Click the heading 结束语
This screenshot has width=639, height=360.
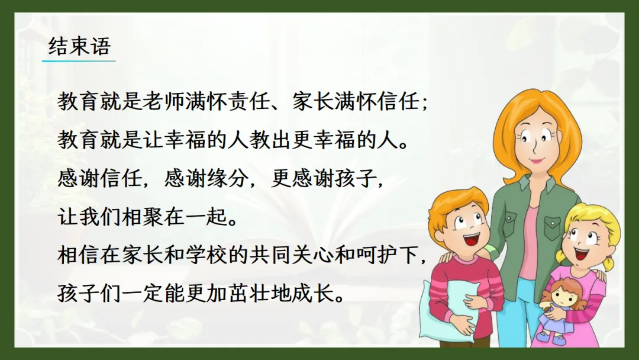[79, 46]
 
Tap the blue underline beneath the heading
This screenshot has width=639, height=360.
[79, 61]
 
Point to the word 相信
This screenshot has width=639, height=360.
[79, 256]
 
